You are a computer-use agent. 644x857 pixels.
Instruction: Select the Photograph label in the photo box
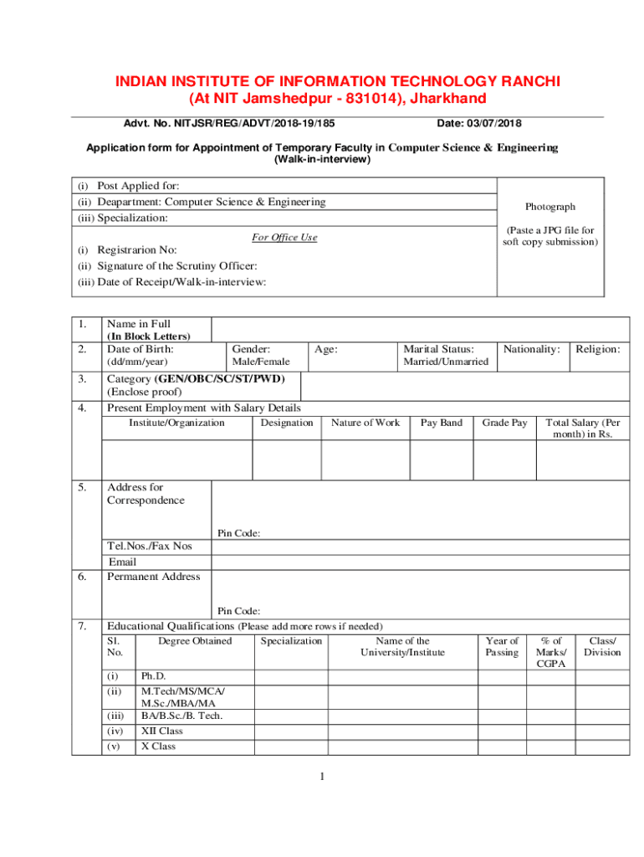[x=549, y=207]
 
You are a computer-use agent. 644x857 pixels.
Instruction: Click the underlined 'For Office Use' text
[x=284, y=238]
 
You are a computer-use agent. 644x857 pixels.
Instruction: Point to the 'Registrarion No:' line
[x=137, y=250]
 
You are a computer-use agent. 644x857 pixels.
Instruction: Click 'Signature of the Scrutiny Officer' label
[x=171, y=266]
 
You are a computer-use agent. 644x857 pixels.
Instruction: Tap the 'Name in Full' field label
[x=137, y=324]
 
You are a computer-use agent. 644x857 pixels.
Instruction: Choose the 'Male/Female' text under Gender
[x=260, y=362]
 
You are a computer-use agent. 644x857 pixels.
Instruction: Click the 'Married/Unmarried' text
[x=446, y=362]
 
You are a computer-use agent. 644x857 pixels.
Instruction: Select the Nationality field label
[x=531, y=349]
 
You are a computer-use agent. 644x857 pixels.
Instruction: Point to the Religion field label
[x=597, y=349]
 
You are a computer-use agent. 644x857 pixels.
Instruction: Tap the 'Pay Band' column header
[x=441, y=423]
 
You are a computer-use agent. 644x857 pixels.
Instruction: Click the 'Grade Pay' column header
[x=504, y=423]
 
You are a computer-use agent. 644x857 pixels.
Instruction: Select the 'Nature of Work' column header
[x=365, y=423]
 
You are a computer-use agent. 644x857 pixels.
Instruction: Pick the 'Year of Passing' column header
[x=502, y=647]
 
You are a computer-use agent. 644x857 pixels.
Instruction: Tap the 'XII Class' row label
[x=161, y=731]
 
